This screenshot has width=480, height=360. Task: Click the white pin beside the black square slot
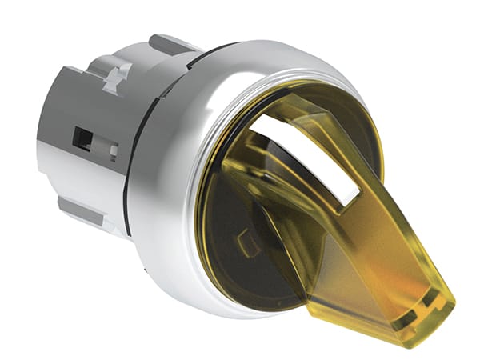coord(111,149)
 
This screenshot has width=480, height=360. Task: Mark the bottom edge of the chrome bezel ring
coord(240,316)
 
